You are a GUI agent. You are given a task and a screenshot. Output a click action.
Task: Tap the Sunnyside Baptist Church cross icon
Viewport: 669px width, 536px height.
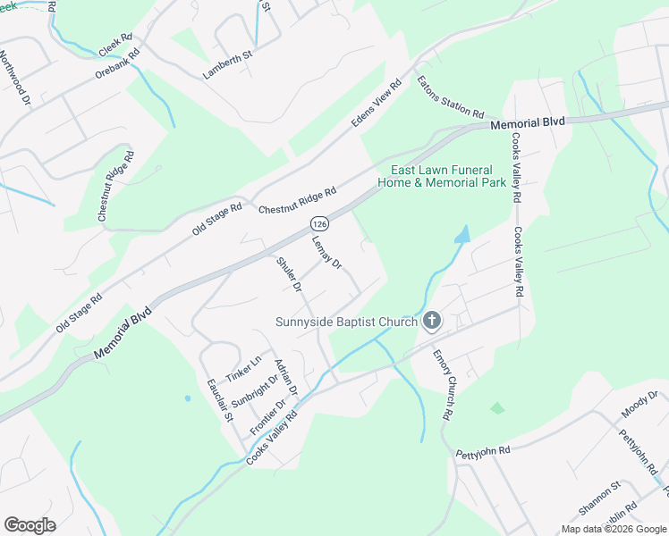click(431, 321)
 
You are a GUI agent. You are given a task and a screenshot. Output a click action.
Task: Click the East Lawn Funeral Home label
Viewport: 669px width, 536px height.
click(448, 176)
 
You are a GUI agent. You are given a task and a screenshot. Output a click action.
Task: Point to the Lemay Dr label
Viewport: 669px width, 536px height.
click(327, 252)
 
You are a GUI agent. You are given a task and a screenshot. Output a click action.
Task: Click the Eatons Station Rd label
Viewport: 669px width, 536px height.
click(450, 96)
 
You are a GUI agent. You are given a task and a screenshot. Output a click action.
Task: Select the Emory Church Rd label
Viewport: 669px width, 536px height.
click(442, 385)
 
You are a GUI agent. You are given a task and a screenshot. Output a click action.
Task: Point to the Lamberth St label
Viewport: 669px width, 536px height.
click(229, 65)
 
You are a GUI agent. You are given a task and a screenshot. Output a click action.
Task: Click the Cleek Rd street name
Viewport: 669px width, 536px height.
click(115, 46)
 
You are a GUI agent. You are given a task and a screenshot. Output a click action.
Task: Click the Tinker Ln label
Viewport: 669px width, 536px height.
click(243, 367)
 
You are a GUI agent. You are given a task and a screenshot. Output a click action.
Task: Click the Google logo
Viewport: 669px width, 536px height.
click(30, 524)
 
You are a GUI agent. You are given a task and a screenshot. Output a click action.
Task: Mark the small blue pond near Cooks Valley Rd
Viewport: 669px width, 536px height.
click(461, 235)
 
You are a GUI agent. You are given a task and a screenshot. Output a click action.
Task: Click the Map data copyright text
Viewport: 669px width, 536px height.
click(613, 529)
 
